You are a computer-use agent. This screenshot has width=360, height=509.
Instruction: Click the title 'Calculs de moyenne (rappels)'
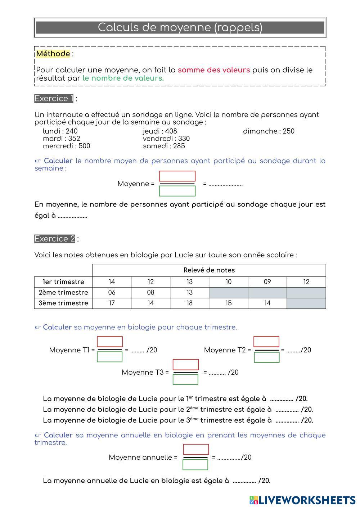180,27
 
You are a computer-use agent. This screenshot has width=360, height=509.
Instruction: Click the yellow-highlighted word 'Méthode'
53,54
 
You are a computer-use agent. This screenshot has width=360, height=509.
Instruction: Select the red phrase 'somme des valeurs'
213,70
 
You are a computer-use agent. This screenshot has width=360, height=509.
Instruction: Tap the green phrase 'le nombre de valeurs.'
123,78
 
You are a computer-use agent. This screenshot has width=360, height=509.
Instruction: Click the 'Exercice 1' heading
54,99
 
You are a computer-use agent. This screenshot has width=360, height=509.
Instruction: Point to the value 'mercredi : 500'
67,146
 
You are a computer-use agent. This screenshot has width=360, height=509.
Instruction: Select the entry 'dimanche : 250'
269,131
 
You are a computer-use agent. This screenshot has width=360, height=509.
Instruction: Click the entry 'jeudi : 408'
160,131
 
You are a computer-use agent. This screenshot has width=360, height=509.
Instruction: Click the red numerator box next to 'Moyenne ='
177,176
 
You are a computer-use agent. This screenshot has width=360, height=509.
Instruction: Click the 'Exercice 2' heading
55,239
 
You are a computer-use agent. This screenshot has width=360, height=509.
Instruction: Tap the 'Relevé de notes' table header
209,270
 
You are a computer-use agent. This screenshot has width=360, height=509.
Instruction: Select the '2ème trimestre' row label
63,292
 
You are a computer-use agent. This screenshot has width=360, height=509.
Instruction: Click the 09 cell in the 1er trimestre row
267,282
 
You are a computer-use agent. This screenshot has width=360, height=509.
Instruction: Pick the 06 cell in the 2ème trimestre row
112,292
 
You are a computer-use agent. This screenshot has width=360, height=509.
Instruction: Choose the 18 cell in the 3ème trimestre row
189,303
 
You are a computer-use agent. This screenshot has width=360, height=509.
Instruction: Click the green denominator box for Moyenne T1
110,357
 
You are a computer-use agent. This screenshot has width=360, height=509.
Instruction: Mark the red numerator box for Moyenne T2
266,342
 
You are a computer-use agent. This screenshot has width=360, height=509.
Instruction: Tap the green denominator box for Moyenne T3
185,379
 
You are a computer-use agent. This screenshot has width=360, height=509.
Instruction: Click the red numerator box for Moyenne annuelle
196,450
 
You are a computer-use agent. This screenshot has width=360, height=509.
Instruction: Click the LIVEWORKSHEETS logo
302,500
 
